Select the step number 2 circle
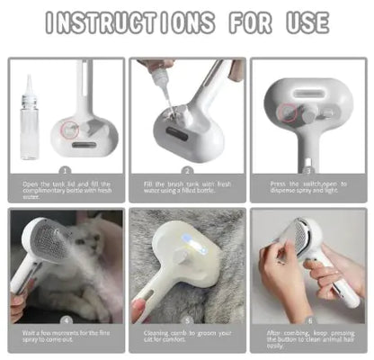186,169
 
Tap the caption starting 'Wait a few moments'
66,336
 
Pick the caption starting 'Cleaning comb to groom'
186,336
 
